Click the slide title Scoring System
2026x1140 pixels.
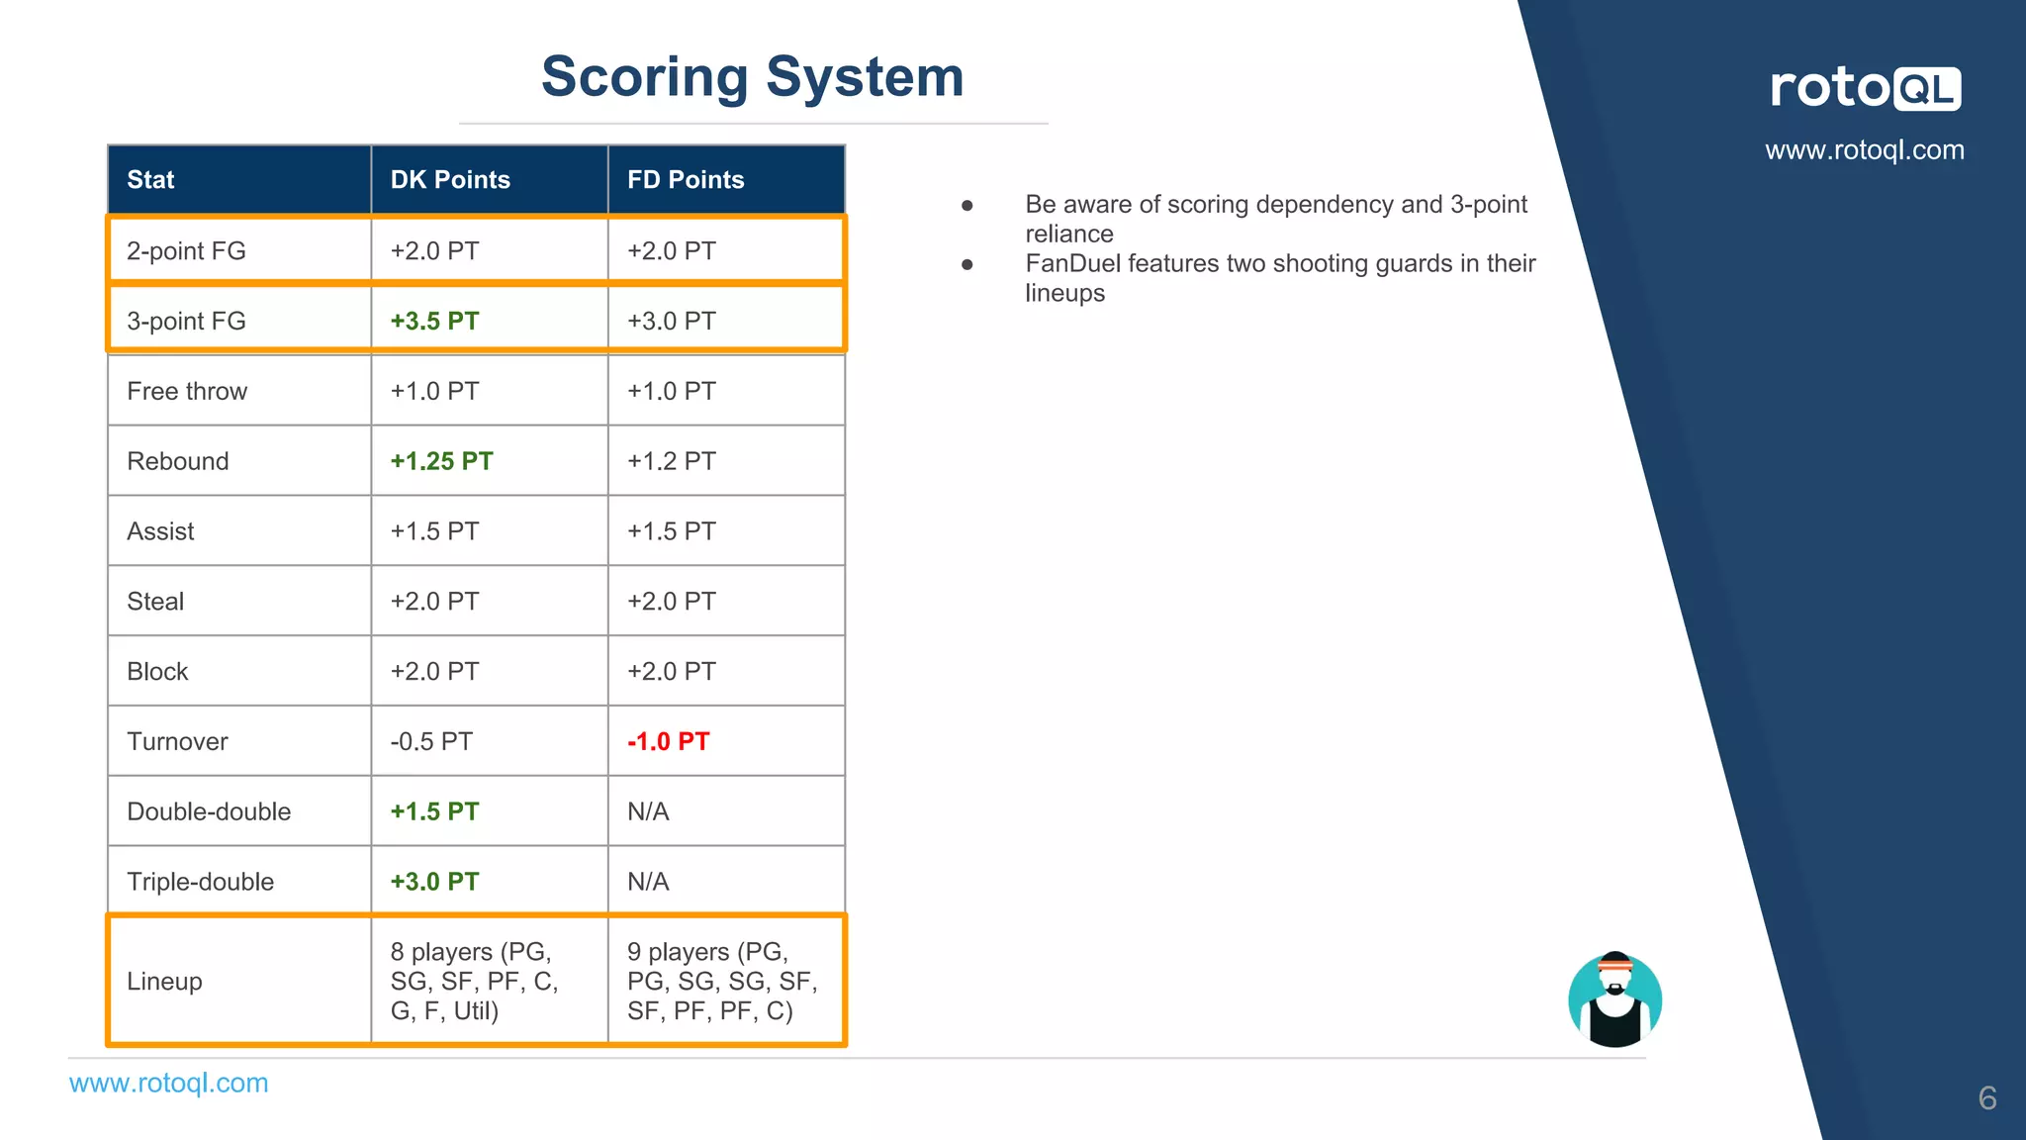pos(752,77)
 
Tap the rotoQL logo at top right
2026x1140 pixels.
pos(1865,88)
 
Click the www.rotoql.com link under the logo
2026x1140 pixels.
pos(1865,150)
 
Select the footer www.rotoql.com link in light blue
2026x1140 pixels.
pos(168,1083)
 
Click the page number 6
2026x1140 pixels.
pos(1986,1097)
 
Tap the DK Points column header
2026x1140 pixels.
pos(450,180)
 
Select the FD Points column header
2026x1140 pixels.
pos(686,180)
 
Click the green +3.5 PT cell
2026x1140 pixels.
pos(434,321)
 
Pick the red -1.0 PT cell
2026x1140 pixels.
pos(669,741)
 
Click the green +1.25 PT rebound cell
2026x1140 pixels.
pos(441,461)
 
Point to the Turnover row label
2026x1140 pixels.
pos(177,741)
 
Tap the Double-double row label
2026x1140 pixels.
pos(209,811)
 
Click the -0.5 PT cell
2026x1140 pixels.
pos(431,741)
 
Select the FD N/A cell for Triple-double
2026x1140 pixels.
pos(648,882)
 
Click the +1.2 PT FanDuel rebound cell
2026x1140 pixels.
pos(671,461)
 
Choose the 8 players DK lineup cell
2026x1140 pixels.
pos(474,981)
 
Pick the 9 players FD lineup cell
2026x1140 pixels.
pos(722,981)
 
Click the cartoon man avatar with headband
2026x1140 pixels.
pos(1614,999)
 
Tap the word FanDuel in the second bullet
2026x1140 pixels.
pos(1072,263)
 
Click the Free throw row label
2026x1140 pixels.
pos(187,391)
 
